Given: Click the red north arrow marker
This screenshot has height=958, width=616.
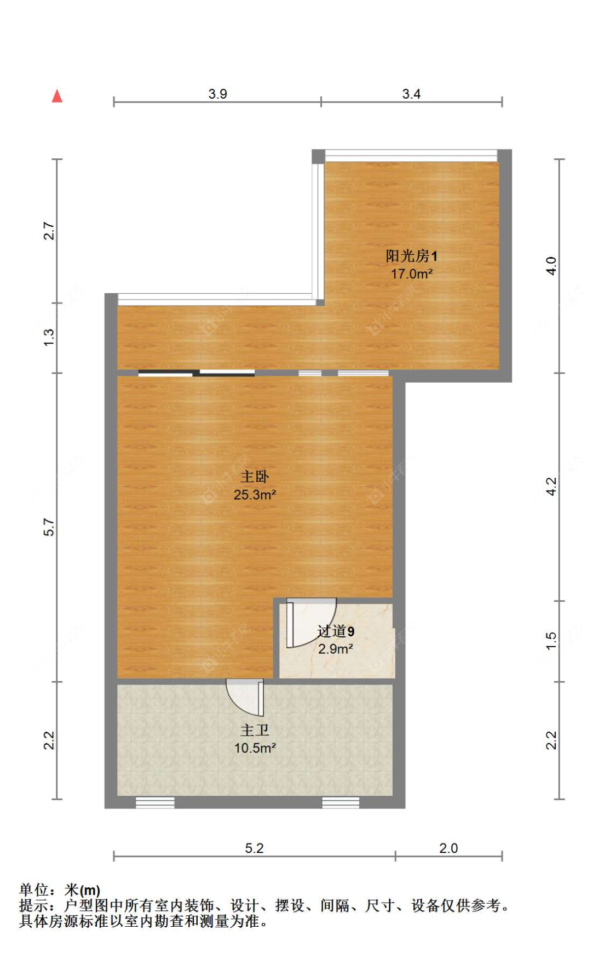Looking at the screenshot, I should [x=57, y=96].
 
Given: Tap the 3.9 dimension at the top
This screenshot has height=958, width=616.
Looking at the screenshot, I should [x=217, y=94].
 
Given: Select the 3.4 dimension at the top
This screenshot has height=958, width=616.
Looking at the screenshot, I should [x=411, y=94].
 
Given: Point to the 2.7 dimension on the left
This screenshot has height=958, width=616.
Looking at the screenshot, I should [x=49, y=231].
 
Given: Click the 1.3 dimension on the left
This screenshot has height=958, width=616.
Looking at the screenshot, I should [x=49, y=337].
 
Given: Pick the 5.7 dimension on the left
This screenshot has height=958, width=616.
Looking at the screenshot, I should [x=49, y=527].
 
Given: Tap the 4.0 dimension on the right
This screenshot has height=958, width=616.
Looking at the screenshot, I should [x=551, y=266].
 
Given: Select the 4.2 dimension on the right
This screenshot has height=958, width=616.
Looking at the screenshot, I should [x=551, y=486].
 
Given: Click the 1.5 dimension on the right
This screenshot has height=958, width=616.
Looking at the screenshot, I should [x=551, y=641].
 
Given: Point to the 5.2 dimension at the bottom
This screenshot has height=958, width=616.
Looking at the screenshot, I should [x=254, y=848].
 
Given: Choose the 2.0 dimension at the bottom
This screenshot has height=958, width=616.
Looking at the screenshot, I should [x=448, y=848].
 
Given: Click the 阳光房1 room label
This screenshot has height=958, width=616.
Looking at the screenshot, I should [x=411, y=256].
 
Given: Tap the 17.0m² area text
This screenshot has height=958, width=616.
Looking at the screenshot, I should [x=411, y=273].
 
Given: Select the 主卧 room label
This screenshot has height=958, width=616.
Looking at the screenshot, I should [x=255, y=477].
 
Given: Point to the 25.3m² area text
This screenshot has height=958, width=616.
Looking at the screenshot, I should [x=255, y=494].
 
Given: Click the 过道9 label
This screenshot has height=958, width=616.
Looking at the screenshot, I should [x=336, y=631].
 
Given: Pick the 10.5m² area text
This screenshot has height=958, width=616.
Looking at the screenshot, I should [x=255, y=748].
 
